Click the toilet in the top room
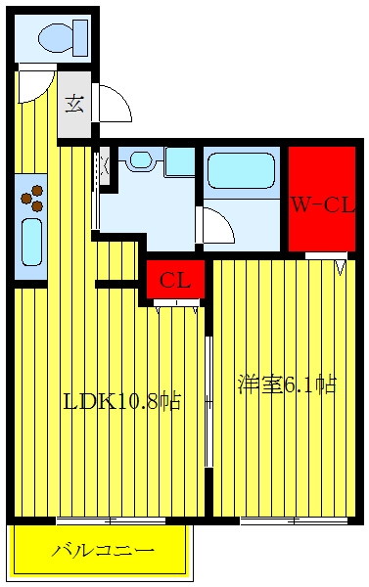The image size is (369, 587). (x=63, y=37)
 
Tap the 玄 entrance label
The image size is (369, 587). (x=74, y=105)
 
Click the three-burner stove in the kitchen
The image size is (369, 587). (x=32, y=199)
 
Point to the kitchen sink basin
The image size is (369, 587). (x=31, y=243)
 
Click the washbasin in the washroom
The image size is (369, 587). (x=141, y=159)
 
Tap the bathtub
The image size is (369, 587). (x=241, y=170)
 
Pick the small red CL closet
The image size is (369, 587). (x=175, y=279)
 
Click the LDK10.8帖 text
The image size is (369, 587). (x=122, y=402)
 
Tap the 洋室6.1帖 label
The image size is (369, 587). (x=288, y=384)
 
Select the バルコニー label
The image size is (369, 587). (x=103, y=550)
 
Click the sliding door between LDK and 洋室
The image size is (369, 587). (x=209, y=401)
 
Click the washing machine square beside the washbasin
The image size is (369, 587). (x=180, y=161)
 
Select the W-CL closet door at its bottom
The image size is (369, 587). (x=326, y=260)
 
